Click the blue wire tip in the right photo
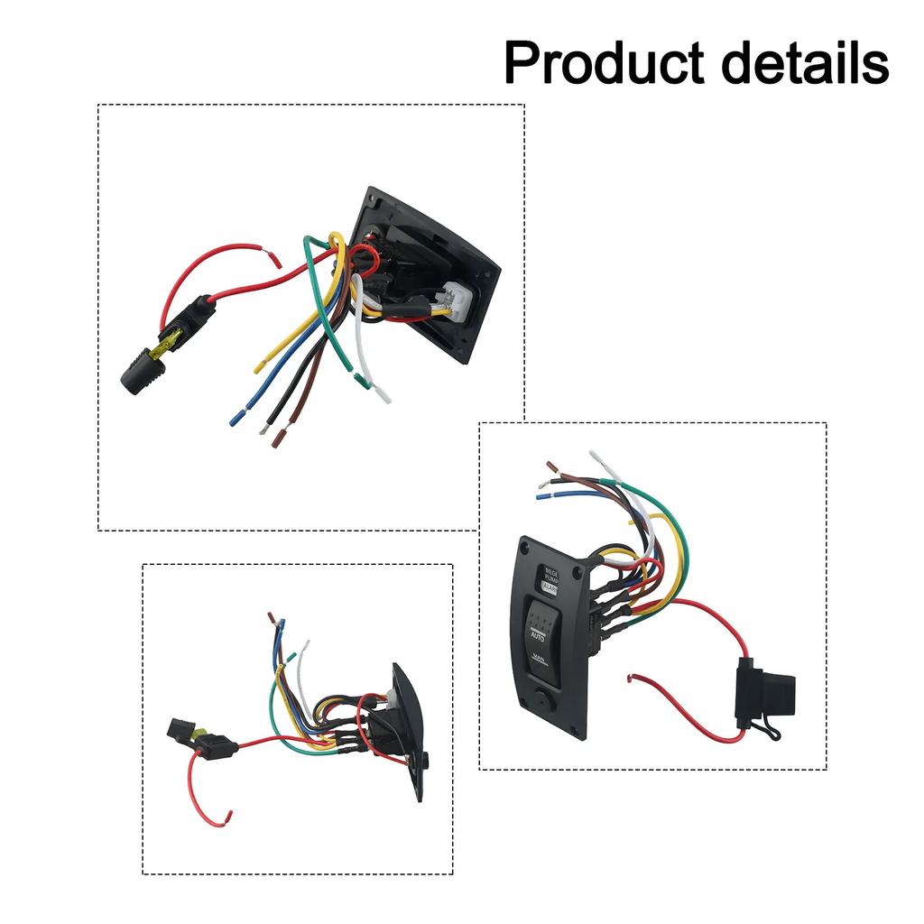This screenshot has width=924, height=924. (x=542, y=495)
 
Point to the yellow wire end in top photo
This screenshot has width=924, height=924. (x=260, y=366)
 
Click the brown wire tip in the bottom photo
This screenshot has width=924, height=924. (x=271, y=619)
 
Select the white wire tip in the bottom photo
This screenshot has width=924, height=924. (x=307, y=645)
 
